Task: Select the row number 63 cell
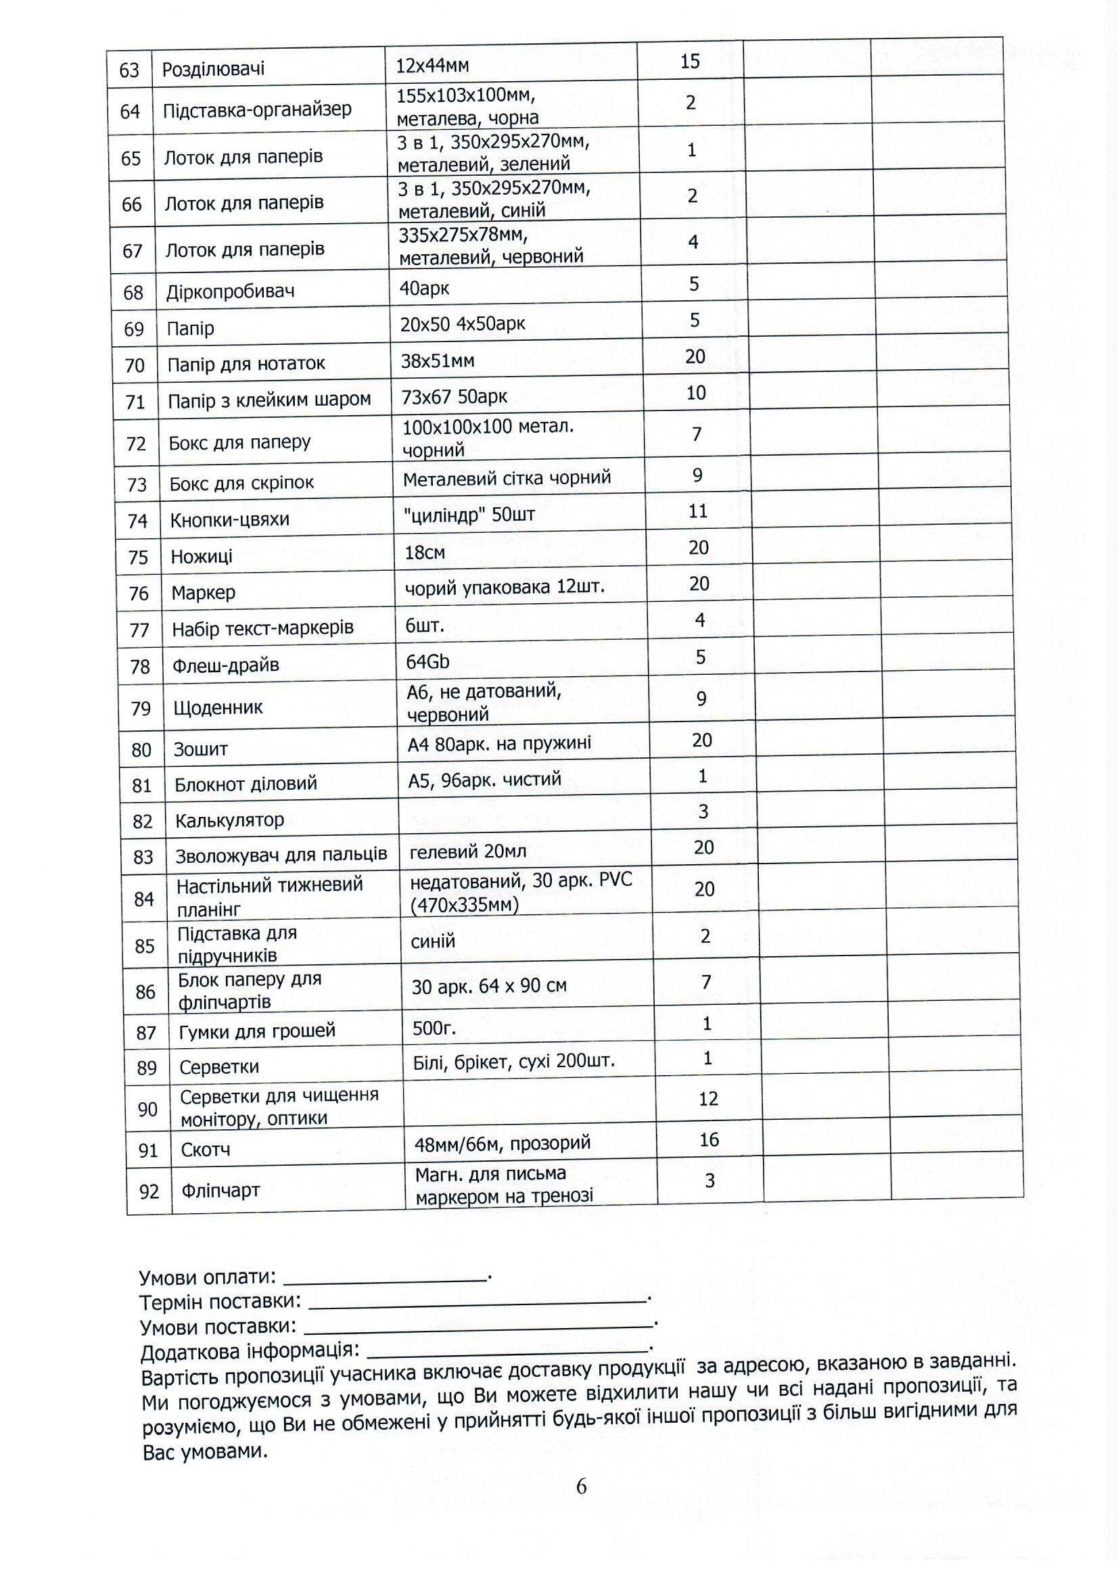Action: (129, 70)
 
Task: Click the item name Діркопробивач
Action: (230, 291)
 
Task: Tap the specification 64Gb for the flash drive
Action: (427, 662)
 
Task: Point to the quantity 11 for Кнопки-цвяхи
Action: (698, 511)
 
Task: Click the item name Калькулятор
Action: (229, 820)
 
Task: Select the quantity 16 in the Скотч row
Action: (709, 1139)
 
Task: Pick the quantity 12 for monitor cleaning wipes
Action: (708, 1098)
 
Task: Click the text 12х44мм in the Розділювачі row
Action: (432, 66)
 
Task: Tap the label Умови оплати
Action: (208, 1277)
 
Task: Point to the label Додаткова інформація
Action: (250, 1351)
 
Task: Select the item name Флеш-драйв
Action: (225, 665)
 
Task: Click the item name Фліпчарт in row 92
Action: (220, 1190)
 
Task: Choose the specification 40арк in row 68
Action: (423, 288)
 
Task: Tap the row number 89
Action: (147, 1068)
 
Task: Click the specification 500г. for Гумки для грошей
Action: (434, 1028)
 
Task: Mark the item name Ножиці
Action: (201, 557)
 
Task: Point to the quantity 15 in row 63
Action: (690, 62)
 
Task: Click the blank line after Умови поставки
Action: (478, 1325)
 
